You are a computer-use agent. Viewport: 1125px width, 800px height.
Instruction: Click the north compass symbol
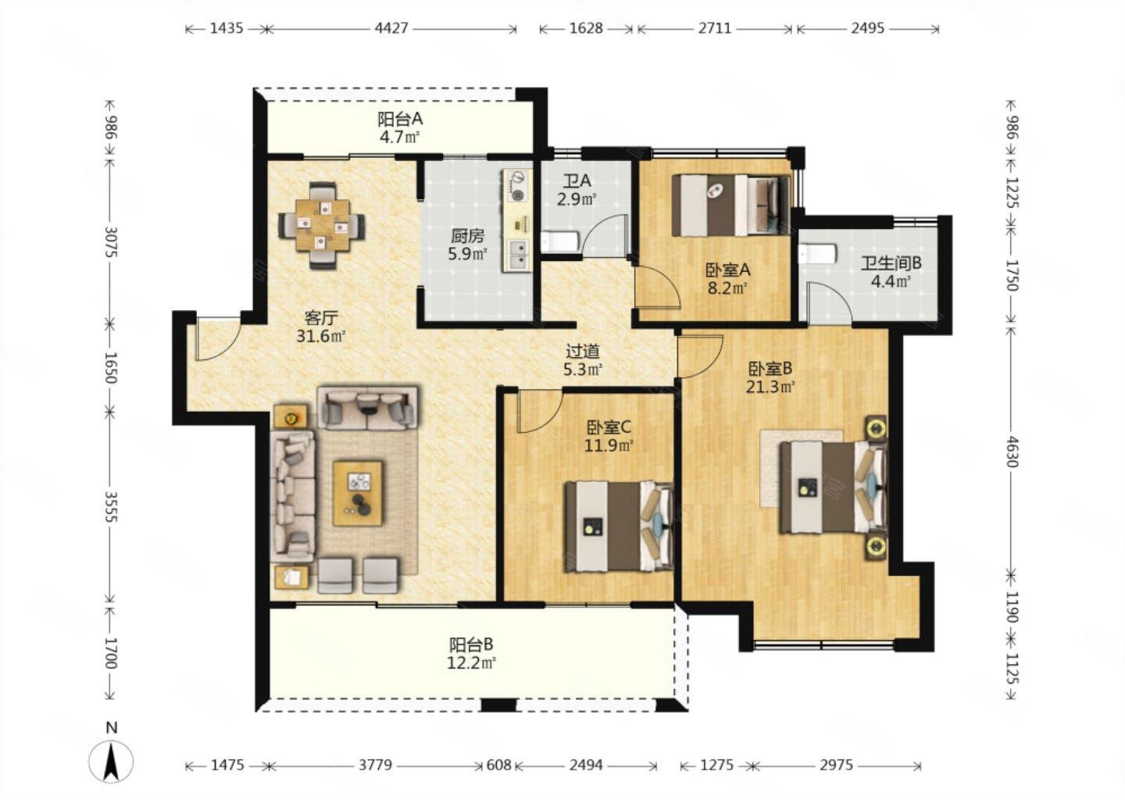coord(111,760)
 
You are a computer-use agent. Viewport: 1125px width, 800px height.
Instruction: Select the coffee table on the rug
coord(358,492)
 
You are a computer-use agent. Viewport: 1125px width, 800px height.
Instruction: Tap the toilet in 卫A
coord(559,241)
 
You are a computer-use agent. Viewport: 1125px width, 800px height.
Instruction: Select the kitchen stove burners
coord(516,187)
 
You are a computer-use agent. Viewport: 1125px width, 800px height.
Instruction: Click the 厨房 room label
coord(467,235)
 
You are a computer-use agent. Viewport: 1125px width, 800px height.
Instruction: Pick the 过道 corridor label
coord(583,352)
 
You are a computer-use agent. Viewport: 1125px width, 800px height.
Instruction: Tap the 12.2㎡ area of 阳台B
coord(471,662)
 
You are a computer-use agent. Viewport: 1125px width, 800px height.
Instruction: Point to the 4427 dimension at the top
coord(391,29)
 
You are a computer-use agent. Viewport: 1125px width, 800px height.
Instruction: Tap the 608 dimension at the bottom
coord(498,765)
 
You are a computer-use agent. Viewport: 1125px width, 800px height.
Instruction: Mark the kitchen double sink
coord(517,253)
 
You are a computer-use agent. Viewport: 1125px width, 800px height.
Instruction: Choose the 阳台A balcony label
coord(400,120)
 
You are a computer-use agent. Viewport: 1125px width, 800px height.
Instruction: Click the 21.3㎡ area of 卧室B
coord(770,386)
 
